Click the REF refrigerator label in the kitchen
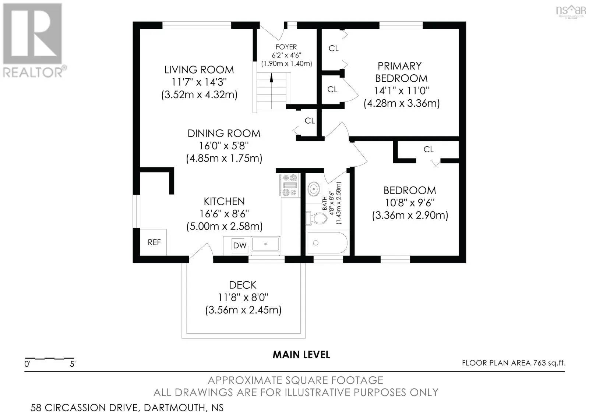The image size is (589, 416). (x=154, y=242)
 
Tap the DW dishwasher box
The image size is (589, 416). (x=240, y=245)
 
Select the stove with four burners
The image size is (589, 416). (x=289, y=185)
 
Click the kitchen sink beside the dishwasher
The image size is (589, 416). (x=265, y=244)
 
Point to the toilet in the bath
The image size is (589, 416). (x=316, y=218)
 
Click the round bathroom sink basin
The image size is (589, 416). (x=313, y=189)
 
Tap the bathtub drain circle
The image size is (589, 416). (x=316, y=243)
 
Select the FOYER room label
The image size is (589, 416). (x=286, y=47)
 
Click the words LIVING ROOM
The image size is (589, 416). (x=199, y=70)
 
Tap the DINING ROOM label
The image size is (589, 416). (x=224, y=134)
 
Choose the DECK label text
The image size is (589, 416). (x=243, y=285)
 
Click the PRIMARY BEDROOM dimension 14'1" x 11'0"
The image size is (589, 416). (x=401, y=91)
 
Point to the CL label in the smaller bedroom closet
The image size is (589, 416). (x=428, y=150)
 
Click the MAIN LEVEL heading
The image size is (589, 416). (x=301, y=355)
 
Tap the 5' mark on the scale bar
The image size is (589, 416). (x=73, y=364)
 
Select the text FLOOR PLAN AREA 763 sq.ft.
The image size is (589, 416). (x=514, y=363)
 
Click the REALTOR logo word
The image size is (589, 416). (x=33, y=72)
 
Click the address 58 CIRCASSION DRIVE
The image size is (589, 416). (x=85, y=408)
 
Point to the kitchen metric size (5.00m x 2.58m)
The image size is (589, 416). (x=224, y=226)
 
